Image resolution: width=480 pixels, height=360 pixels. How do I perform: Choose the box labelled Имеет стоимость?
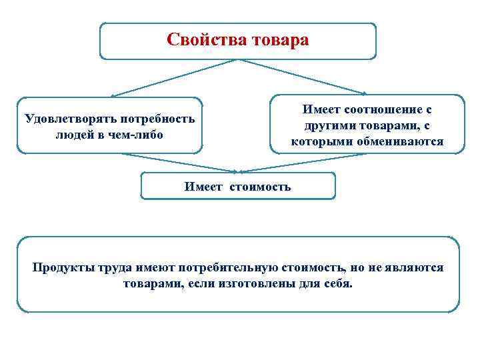tap(238, 186)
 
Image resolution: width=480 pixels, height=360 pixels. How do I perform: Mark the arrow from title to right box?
tap(303, 77)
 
